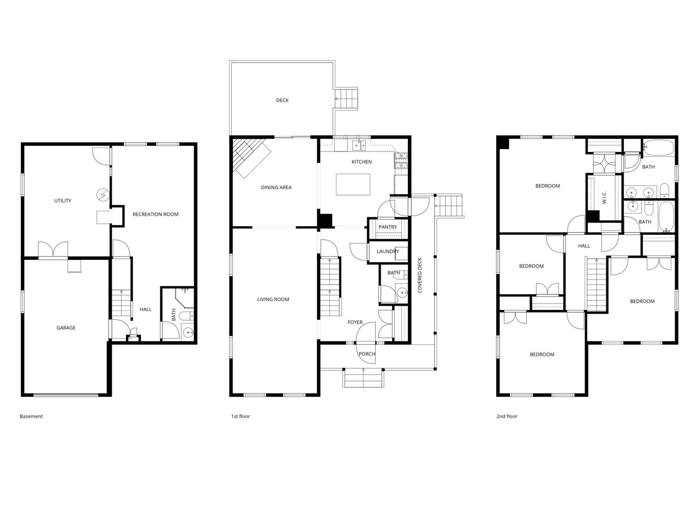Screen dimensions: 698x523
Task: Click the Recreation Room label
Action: tap(155, 214)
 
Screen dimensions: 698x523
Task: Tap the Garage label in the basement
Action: tap(66, 328)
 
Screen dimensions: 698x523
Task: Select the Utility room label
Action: tap(63, 200)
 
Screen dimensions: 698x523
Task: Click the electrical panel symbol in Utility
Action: tap(104, 194)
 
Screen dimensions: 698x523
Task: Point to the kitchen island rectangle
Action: tap(353, 185)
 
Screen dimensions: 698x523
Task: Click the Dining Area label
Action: tap(276, 187)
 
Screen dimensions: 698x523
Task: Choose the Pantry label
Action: tap(388, 227)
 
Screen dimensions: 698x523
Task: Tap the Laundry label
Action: tap(388, 252)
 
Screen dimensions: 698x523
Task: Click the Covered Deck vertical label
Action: tap(420, 275)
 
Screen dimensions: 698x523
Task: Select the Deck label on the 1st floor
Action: tap(282, 100)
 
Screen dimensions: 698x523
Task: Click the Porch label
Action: tap(366, 354)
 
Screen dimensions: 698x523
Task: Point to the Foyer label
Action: tap(355, 323)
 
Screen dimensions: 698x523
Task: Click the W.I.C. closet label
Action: tap(604, 197)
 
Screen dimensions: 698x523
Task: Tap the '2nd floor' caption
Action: tap(507, 416)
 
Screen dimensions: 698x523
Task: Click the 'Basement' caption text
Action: tap(31, 416)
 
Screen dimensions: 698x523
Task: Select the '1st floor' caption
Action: tap(240, 416)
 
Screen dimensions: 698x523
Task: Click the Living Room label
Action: tap(273, 299)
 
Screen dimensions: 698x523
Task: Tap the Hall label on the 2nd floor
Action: tap(584, 246)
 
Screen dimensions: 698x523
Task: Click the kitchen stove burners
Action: tap(401, 160)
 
